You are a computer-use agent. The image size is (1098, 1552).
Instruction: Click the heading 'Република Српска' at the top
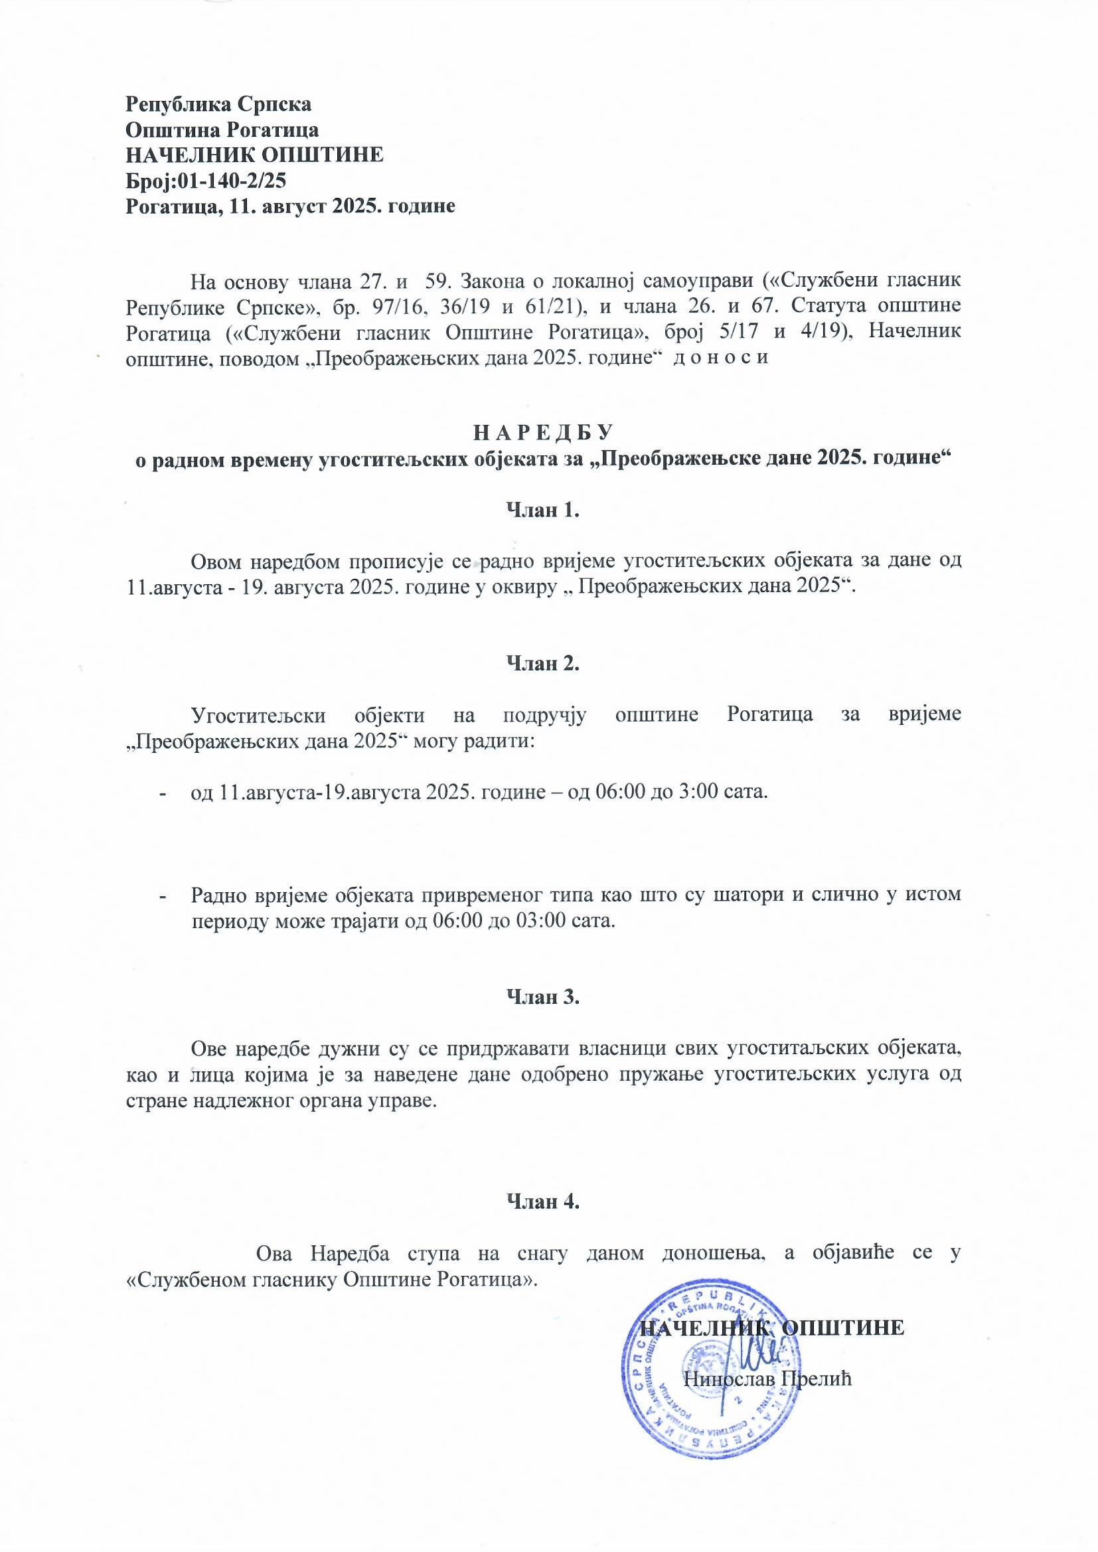(x=219, y=105)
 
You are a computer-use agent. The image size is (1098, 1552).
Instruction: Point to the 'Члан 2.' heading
(x=544, y=663)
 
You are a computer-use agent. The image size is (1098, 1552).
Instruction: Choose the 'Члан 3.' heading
(x=544, y=996)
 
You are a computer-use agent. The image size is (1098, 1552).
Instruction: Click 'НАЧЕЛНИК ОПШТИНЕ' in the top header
(x=255, y=155)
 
